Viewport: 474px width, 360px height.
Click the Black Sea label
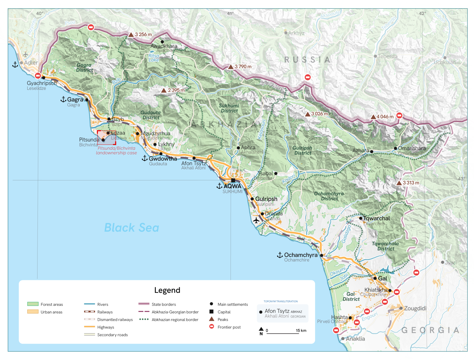[x=132, y=228]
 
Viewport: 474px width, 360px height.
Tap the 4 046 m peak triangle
[x=373, y=117]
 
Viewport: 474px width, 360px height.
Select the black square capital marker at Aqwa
[x=233, y=180]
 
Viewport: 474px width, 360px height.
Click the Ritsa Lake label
[x=154, y=58]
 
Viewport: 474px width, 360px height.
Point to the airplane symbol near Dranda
[x=256, y=220]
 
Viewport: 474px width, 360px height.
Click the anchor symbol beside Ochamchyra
[x=280, y=255]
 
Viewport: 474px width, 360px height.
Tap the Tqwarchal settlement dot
[x=361, y=218]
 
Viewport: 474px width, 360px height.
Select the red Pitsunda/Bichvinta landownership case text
[x=116, y=150]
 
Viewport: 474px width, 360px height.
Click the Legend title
[x=167, y=290]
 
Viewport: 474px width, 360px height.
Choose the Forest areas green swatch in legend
[x=33, y=304]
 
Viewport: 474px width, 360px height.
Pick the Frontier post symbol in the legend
[x=211, y=327]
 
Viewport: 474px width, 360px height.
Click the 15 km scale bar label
[x=301, y=330]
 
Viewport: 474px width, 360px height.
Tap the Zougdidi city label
[x=415, y=308]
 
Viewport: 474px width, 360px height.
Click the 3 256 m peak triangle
[x=131, y=35]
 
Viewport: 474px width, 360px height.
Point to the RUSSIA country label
[x=307, y=60]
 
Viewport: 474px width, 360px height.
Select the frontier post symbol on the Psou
[x=91, y=27]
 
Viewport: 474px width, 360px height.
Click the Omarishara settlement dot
[x=395, y=148]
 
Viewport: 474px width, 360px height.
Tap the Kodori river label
[x=289, y=179]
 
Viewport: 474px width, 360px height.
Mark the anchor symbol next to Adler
[x=15, y=65]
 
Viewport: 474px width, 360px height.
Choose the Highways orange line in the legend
[x=89, y=327]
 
